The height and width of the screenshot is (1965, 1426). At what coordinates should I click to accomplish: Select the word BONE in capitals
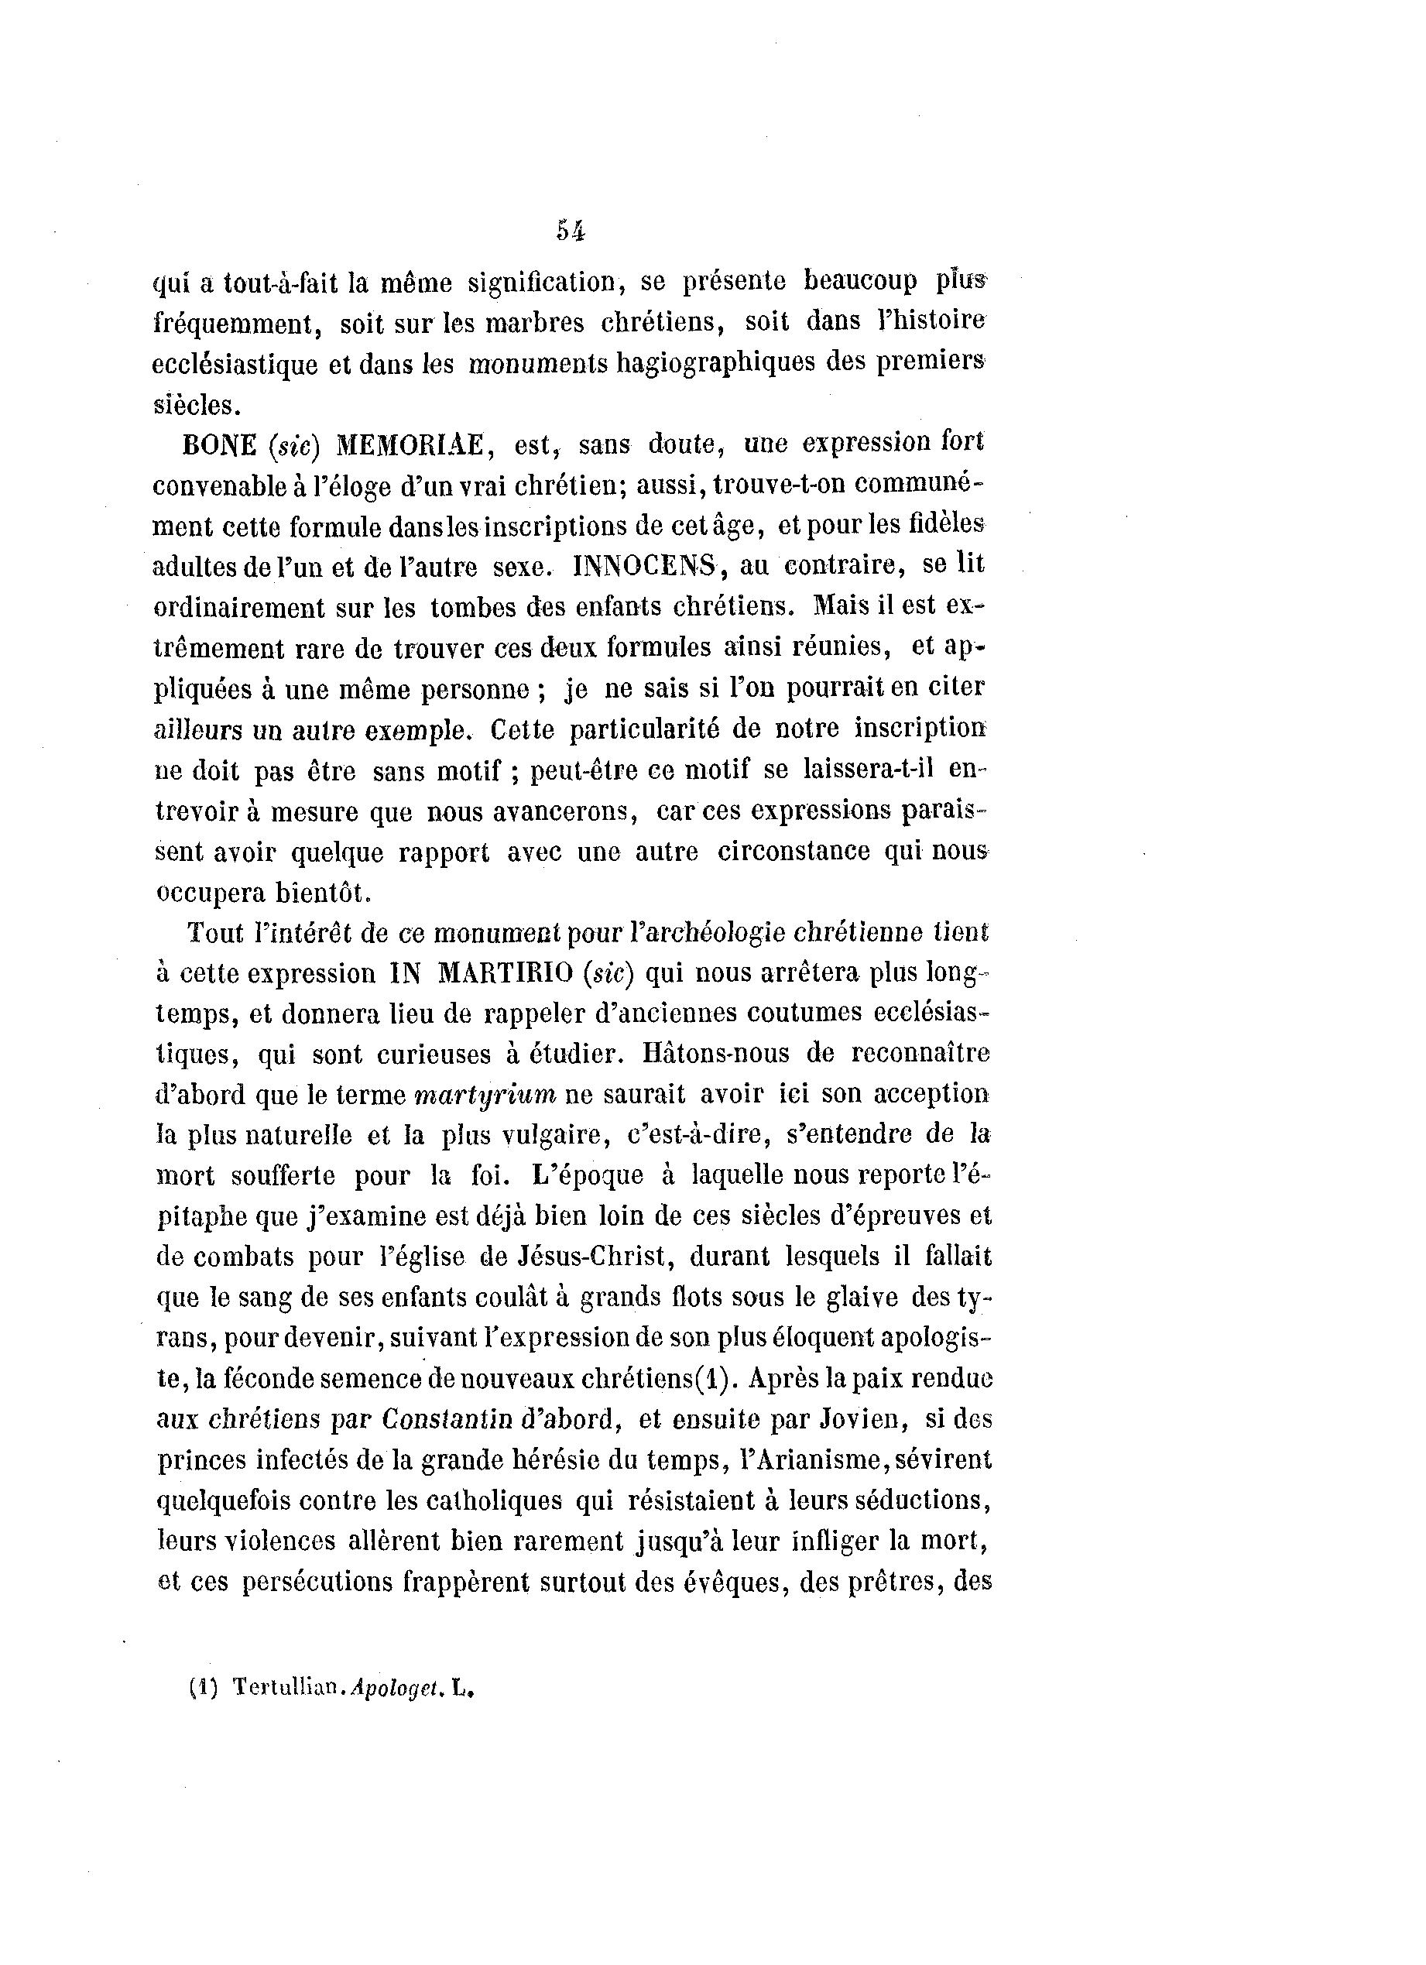(219, 445)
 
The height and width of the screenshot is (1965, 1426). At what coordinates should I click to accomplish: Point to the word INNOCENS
(646, 567)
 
